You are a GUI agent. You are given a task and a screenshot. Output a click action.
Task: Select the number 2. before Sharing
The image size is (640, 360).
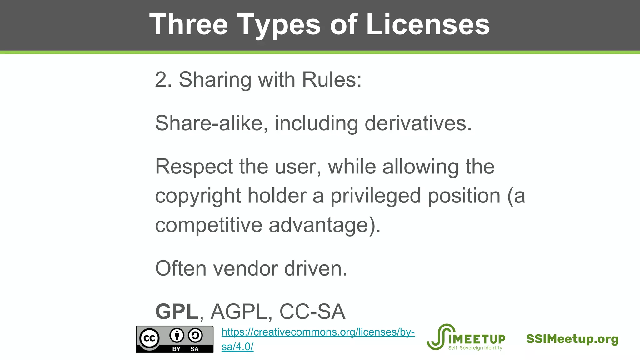(x=163, y=80)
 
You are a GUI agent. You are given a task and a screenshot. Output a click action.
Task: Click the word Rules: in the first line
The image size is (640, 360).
(x=332, y=80)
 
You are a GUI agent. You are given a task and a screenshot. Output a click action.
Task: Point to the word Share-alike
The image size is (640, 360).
(x=211, y=123)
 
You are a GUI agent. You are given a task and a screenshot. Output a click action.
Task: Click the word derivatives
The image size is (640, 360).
(x=418, y=123)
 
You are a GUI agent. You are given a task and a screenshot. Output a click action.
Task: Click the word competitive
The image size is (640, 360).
(x=208, y=225)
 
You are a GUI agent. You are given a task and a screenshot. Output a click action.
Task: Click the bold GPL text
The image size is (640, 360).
(x=177, y=312)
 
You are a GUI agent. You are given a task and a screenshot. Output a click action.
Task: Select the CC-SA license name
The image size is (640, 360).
(x=312, y=312)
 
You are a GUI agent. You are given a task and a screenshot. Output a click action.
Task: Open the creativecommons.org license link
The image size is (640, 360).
(x=318, y=332)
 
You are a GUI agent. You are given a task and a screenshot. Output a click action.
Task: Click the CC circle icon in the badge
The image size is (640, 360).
(x=149, y=338)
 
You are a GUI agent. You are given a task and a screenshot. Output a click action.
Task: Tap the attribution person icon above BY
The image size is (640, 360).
(x=177, y=336)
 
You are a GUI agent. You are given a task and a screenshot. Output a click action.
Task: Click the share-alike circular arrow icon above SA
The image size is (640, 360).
(x=195, y=336)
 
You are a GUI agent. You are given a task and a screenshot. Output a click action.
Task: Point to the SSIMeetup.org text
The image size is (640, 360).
(x=572, y=339)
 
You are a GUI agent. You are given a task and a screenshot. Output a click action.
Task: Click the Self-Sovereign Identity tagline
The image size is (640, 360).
(x=475, y=348)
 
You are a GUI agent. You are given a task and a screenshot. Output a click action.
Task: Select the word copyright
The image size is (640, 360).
(x=198, y=196)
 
